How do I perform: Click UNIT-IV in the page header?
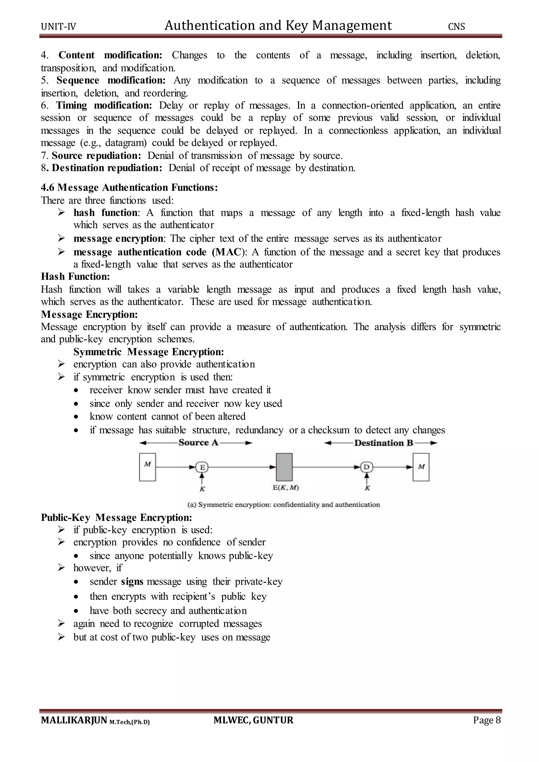(x=58, y=27)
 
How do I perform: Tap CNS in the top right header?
(x=456, y=27)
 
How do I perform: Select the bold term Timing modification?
(x=104, y=106)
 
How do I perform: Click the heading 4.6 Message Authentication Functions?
(x=129, y=188)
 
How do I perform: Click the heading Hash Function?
(x=75, y=277)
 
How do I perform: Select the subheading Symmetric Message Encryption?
(x=149, y=352)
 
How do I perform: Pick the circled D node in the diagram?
(x=366, y=467)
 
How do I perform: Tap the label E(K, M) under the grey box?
(x=286, y=488)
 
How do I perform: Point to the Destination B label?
(x=383, y=443)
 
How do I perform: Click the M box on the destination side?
(x=421, y=467)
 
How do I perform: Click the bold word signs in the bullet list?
(x=132, y=582)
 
